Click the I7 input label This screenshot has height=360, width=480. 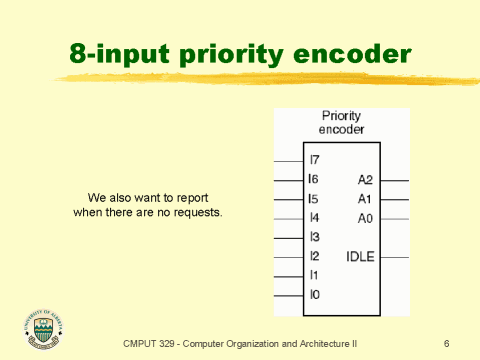[315, 160]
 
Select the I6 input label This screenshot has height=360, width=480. [315, 180]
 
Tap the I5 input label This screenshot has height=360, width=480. [315, 199]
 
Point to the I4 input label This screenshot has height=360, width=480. [315, 218]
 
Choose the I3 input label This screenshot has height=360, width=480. [315, 237]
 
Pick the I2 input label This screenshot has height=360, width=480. [315, 257]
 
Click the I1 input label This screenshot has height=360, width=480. [315, 275]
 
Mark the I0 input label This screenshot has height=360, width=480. [315, 295]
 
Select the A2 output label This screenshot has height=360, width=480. [365, 180]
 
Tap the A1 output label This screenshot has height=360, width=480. [365, 199]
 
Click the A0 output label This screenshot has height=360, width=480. [365, 218]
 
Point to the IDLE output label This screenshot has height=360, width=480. [360, 257]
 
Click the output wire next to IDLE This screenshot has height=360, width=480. [395, 257]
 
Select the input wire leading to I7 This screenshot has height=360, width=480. [288, 160]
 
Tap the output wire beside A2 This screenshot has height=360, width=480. [395, 180]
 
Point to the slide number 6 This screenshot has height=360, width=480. [446, 344]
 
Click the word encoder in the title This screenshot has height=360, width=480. [357, 54]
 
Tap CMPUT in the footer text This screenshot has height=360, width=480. [142, 344]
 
